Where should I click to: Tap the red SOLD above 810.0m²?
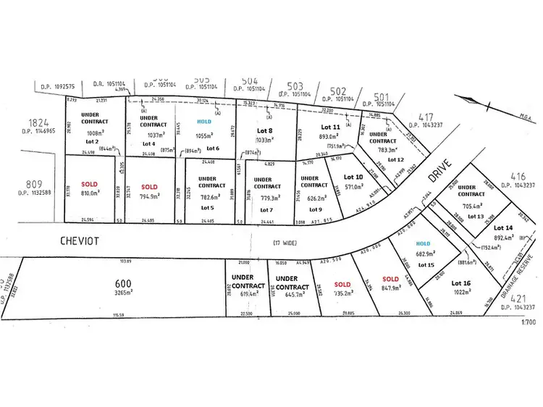[x=89, y=184]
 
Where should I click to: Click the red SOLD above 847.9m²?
[x=390, y=279]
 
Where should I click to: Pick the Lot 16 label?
[x=462, y=282]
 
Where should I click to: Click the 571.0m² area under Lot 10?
[x=353, y=186]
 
